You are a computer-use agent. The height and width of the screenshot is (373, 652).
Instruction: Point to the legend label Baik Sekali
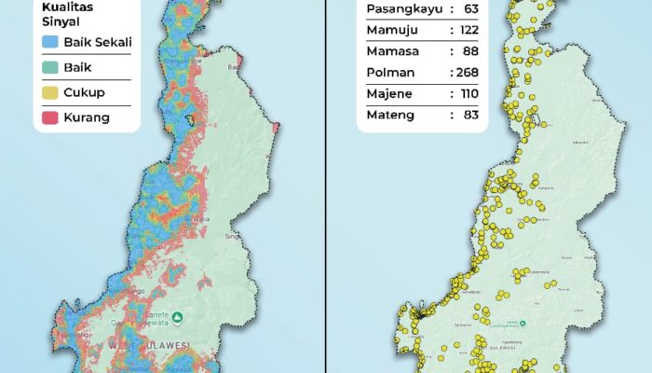point(98,42)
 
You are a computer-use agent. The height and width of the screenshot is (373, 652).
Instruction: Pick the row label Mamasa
point(391,51)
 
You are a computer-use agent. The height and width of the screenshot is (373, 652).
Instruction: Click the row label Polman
point(389,73)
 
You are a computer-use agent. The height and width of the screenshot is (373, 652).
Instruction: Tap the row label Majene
point(389,94)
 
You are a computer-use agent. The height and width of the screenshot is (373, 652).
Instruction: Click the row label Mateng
point(389,116)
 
